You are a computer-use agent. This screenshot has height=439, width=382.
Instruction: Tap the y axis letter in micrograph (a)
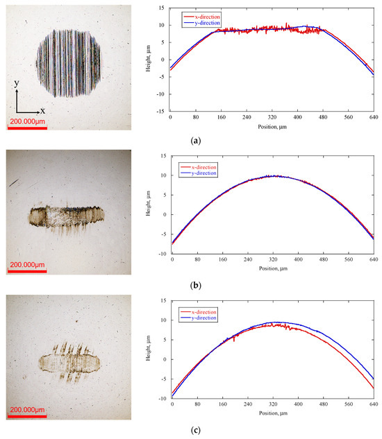[x=16, y=83]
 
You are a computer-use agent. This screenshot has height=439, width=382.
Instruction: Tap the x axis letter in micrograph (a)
[x=42, y=111]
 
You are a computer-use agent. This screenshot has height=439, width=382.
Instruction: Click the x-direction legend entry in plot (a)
[x=206, y=15]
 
